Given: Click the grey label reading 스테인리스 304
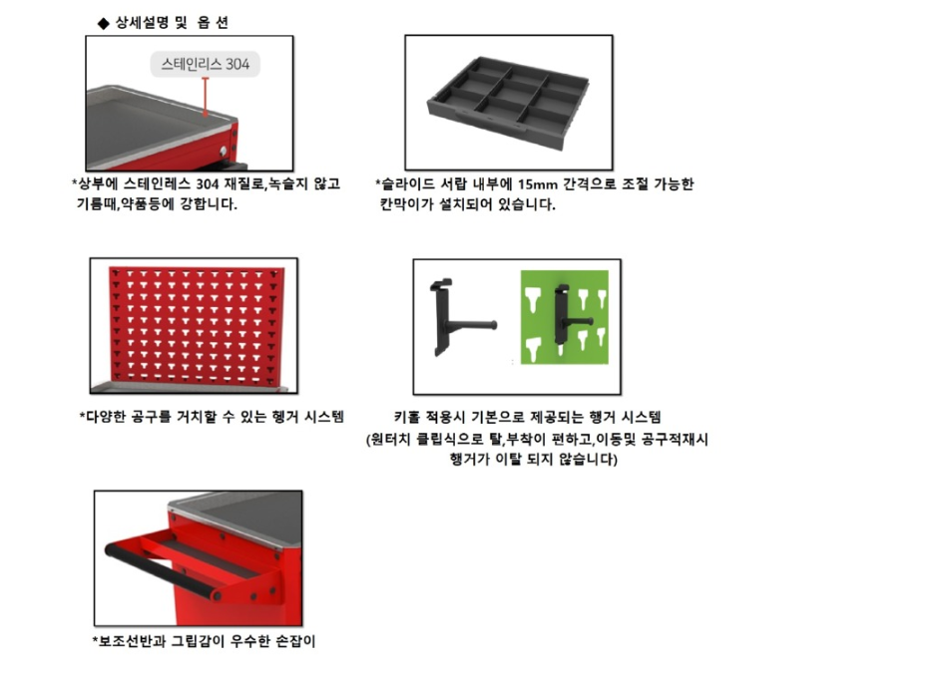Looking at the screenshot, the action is (205, 64).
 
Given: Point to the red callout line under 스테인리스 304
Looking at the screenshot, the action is (205, 97).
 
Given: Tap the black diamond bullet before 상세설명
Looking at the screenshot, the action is (104, 24).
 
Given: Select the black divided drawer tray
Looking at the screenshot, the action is (508, 101).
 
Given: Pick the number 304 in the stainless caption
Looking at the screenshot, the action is (208, 183).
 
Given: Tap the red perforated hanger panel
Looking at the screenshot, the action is (196, 326).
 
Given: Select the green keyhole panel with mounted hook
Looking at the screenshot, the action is (564, 317).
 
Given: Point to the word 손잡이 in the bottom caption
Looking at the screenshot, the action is (296, 641).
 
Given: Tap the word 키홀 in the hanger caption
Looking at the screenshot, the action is (407, 417).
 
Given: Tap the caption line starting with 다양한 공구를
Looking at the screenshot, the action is (212, 417).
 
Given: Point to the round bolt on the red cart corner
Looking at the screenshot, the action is (224, 151).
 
